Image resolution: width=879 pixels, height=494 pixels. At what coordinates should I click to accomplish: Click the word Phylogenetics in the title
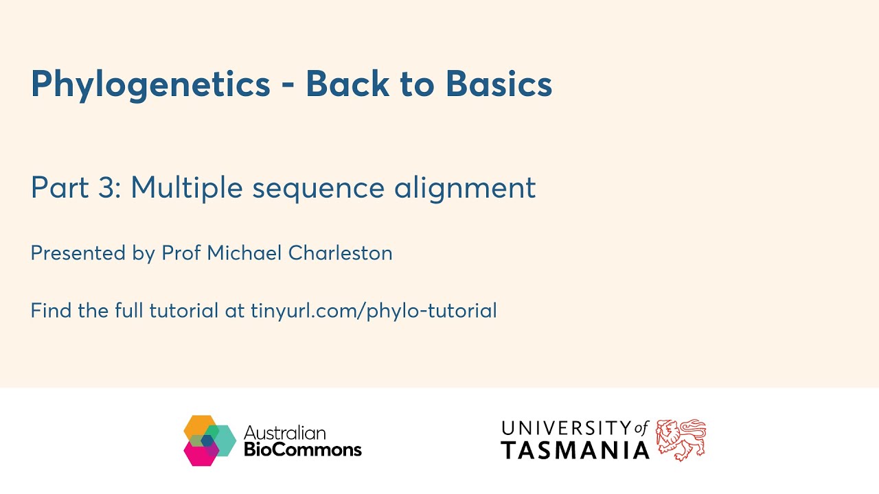click(150, 85)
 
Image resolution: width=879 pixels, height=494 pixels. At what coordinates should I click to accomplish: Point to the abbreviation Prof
click(181, 253)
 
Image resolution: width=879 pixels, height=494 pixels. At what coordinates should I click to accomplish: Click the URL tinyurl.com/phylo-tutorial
click(374, 311)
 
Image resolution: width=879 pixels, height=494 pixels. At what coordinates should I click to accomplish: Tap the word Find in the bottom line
click(51, 311)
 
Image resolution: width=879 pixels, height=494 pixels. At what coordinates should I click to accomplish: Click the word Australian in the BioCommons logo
click(284, 433)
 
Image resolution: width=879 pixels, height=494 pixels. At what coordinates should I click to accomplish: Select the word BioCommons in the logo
click(303, 450)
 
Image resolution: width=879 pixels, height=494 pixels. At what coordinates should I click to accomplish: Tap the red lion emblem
click(680, 440)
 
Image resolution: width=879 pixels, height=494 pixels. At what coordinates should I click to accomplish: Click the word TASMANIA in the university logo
click(575, 451)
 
